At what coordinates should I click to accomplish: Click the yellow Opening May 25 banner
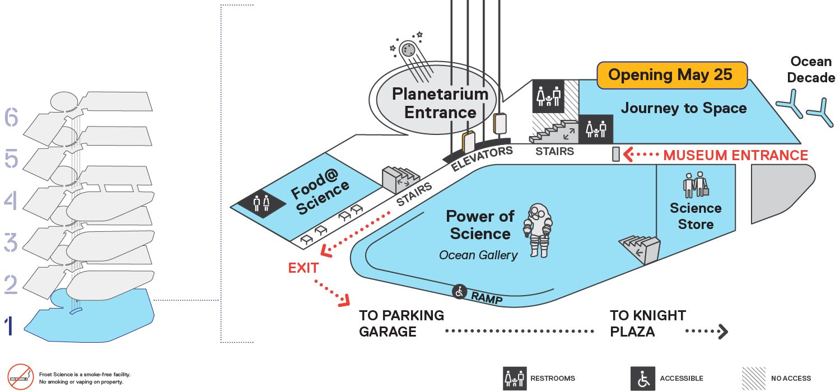672,75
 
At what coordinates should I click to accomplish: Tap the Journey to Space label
684,108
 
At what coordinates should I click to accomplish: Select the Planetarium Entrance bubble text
440,103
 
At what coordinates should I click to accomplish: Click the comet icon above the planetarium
410,56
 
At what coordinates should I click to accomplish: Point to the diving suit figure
538,230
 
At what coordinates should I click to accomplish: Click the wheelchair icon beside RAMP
459,291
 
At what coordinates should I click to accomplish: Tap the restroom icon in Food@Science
262,203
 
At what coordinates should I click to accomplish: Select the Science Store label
696,216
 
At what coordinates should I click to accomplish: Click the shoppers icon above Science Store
696,185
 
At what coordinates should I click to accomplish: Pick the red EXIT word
304,268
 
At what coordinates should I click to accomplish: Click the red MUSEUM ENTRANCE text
735,155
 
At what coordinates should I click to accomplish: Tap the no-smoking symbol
21,377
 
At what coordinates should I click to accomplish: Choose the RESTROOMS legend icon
515,379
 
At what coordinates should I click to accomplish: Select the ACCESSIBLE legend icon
643,379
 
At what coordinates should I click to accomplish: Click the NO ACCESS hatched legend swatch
753,379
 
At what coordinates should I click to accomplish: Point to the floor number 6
11,117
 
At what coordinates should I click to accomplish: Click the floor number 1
9,326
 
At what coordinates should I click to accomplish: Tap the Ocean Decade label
811,69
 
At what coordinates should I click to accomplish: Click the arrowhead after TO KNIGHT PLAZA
724,331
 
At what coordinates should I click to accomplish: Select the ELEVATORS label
482,158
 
